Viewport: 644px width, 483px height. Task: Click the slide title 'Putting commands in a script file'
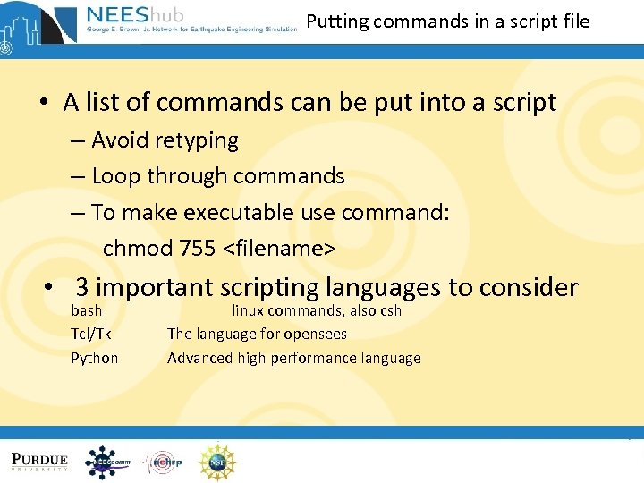point(448,21)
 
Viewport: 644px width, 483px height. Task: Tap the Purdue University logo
point(39,462)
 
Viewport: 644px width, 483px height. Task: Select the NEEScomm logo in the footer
point(107,462)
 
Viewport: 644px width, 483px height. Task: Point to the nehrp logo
point(162,462)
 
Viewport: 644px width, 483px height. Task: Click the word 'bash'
point(87,310)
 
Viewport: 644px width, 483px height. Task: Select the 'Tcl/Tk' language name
point(91,334)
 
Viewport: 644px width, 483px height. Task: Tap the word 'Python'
point(94,358)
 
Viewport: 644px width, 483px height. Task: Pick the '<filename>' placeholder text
point(278,248)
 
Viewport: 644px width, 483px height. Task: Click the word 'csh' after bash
point(390,310)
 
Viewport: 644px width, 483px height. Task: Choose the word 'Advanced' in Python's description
point(199,358)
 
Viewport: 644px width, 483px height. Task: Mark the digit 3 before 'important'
point(81,287)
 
